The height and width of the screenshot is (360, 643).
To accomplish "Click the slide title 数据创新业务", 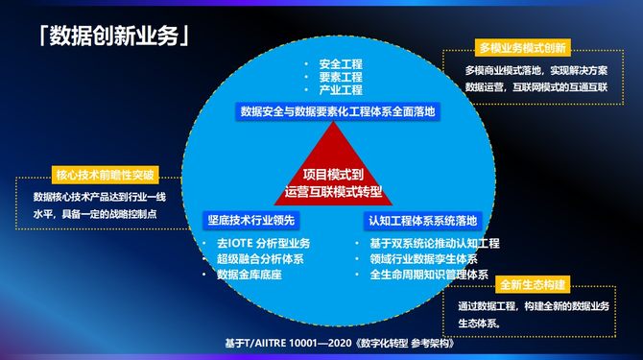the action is pyautogui.click(x=114, y=36).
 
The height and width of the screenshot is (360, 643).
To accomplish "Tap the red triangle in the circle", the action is pyautogui.click(x=333, y=172).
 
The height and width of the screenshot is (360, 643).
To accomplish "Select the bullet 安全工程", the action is pyautogui.click(x=341, y=64).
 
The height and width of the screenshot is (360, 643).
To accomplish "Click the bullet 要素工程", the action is pyautogui.click(x=341, y=77).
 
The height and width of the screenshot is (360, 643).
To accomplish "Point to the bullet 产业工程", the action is pyautogui.click(x=341, y=90).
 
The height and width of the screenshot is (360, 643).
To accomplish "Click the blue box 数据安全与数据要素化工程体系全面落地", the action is pyautogui.click(x=338, y=111).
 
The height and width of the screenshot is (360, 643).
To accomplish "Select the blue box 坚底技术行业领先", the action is pyautogui.click(x=251, y=221).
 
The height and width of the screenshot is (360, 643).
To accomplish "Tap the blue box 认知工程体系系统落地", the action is pyautogui.click(x=422, y=221).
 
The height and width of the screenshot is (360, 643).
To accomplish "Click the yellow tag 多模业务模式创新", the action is pyautogui.click(x=522, y=48).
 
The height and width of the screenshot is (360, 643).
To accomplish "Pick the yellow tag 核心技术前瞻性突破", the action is pyautogui.click(x=105, y=175).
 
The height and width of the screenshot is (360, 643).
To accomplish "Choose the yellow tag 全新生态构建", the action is pyautogui.click(x=533, y=284).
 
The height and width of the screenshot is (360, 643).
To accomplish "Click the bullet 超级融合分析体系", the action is pyautogui.click(x=260, y=259).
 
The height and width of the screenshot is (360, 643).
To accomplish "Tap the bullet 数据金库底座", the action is pyautogui.click(x=250, y=275).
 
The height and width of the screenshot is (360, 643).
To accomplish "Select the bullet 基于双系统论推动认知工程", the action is pyautogui.click(x=435, y=244).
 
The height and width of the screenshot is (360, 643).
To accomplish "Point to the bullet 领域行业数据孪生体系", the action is pyautogui.click(x=423, y=259).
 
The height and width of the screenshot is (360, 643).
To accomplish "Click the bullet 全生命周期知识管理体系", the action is pyautogui.click(x=429, y=275).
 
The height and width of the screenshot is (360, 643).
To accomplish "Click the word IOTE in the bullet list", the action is pyautogui.click(x=240, y=244).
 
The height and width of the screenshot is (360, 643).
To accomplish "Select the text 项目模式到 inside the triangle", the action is pyautogui.click(x=333, y=175).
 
